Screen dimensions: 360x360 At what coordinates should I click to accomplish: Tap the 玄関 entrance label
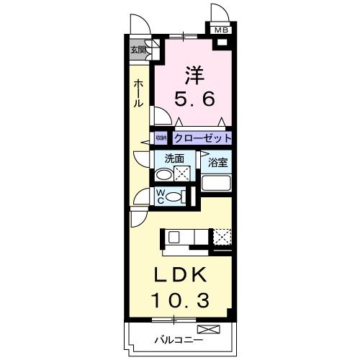138,50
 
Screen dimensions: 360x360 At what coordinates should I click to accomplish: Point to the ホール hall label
137,94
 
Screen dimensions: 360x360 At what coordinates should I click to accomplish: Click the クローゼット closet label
201,138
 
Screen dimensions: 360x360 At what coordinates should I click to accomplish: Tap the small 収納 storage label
161,138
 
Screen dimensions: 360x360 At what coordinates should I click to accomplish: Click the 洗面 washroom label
175,159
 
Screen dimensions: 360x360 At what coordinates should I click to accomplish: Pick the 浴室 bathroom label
218,163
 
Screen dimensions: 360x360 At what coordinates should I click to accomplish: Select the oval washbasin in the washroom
164,174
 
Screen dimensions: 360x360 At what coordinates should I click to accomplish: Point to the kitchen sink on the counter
175,237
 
